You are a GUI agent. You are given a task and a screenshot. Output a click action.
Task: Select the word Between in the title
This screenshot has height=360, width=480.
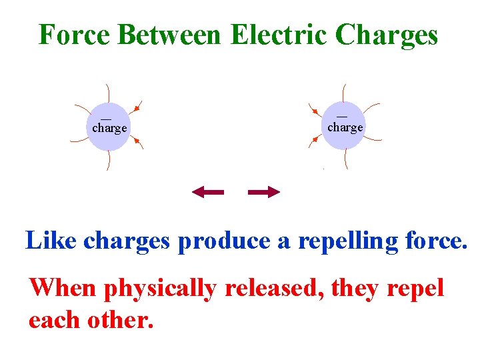click(x=169, y=35)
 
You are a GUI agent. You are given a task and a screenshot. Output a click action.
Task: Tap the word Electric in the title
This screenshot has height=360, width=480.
click(x=279, y=35)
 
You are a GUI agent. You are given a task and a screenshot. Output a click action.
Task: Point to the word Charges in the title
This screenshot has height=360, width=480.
click(x=387, y=35)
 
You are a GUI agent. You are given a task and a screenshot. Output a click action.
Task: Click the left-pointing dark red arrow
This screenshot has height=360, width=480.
click(x=207, y=193)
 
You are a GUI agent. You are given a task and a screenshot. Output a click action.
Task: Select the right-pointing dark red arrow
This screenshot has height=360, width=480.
click(x=263, y=193)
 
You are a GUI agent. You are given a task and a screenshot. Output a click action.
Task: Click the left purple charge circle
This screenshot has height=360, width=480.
click(x=109, y=127)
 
